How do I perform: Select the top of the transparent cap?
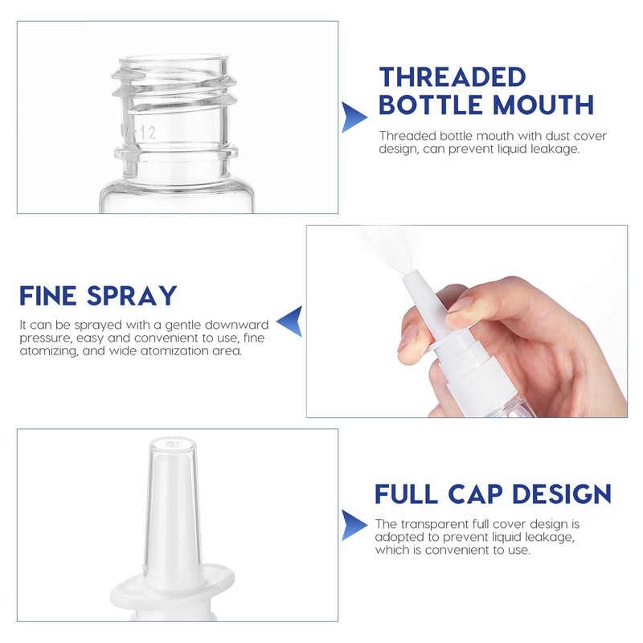coord(172,443)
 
